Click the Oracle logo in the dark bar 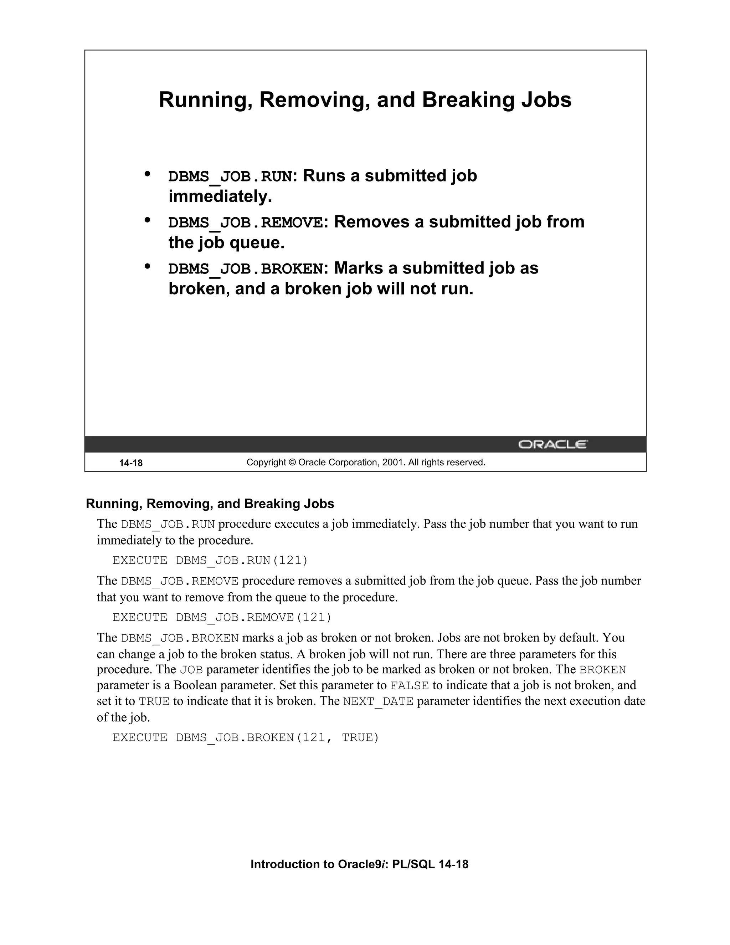pyautogui.click(x=553, y=444)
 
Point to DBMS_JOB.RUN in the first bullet pyautogui.click(x=230, y=177)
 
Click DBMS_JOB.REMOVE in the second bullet pyautogui.click(x=245, y=223)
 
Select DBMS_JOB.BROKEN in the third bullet pyautogui.click(x=245, y=269)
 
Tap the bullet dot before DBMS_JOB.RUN pyautogui.click(x=148, y=174)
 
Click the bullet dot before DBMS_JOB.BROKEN pyautogui.click(x=148, y=266)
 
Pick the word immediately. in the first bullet pyautogui.click(x=220, y=197)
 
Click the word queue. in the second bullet pyautogui.click(x=257, y=243)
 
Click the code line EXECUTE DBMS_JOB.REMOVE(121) pyautogui.click(x=222, y=617)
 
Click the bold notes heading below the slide pyautogui.click(x=210, y=504)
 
